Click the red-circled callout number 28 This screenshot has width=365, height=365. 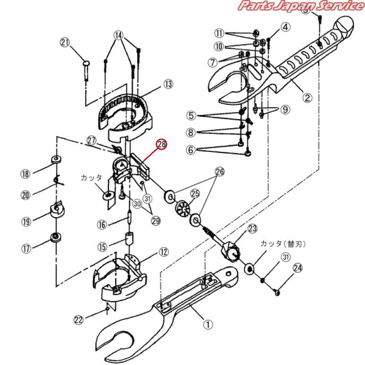[x=162, y=144]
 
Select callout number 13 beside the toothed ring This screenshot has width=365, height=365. [x=168, y=84]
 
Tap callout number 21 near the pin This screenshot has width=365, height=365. [x=65, y=42]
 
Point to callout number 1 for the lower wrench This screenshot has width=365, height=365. [x=208, y=324]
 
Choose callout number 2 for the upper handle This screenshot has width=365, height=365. [x=307, y=98]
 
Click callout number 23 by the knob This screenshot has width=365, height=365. [x=253, y=229]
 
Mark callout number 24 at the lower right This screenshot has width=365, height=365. [x=298, y=268]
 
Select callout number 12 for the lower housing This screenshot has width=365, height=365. [x=164, y=252]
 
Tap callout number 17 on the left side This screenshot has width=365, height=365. [x=26, y=249]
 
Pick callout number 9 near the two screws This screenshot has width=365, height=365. [x=285, y=109]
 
